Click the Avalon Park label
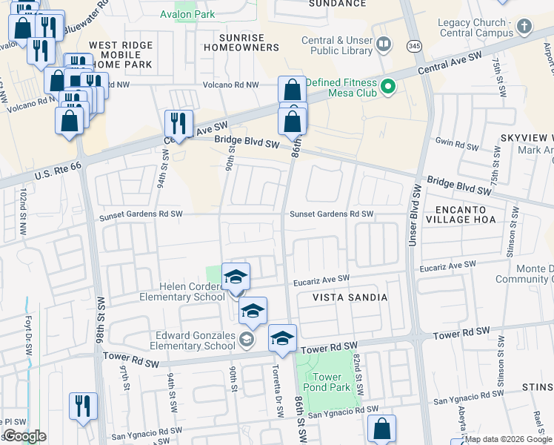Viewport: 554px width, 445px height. tap(188, 14)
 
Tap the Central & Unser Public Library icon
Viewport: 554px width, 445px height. tap(383, 45)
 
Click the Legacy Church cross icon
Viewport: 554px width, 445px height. tap(524, 27)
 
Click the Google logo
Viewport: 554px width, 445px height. tap(24, 436)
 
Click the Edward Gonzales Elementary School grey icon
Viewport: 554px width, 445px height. tap(247, 340)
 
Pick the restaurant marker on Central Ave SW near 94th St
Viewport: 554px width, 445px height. tap(178, 123)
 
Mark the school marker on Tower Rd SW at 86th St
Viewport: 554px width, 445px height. tap(281, 339)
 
